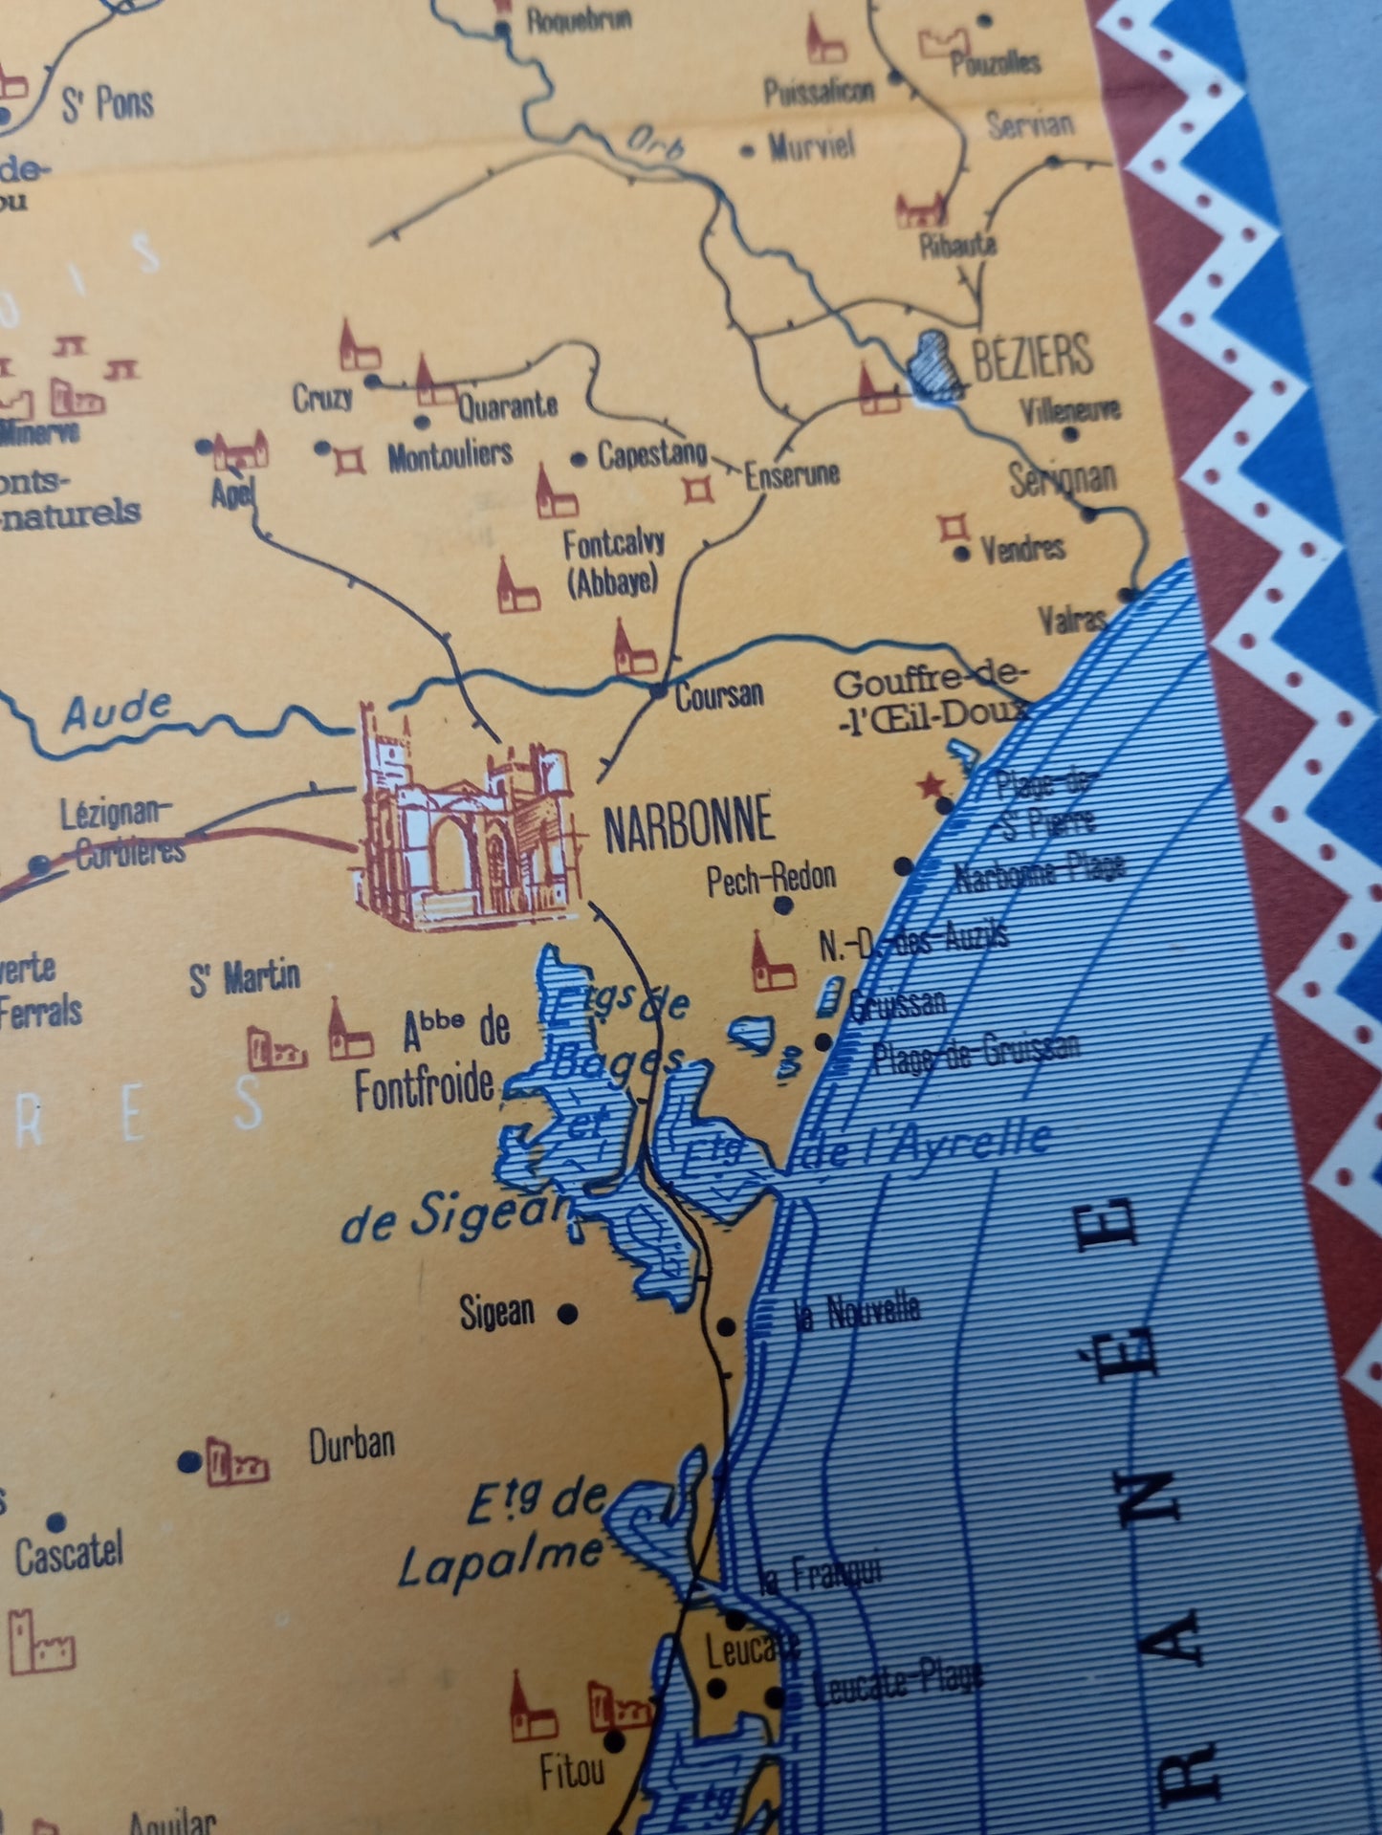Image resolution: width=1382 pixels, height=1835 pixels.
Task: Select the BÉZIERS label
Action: coord(1032,356)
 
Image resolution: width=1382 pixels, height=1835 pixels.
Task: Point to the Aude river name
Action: coord(117,710)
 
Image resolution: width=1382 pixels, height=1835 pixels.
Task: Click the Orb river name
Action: coord(656,142)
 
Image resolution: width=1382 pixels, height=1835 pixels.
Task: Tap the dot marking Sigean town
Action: coord(567,1313)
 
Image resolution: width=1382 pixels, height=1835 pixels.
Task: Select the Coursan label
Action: coord(719,695)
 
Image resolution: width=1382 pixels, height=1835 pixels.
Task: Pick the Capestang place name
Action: coord(652,454)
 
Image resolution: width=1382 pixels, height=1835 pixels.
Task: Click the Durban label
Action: coord(352,1445)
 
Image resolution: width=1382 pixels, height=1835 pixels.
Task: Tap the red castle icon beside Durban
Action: coord(236,1464)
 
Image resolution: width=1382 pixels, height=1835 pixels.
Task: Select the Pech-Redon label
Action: coord(771,878)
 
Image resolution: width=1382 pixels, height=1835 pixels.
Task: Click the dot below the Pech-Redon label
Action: coord(783,905)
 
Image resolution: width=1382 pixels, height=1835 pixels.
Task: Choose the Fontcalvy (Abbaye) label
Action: coord(613,563)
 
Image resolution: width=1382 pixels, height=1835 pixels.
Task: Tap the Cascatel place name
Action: coord(69,1554)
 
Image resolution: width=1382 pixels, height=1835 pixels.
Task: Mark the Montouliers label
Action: coord(450,455)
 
